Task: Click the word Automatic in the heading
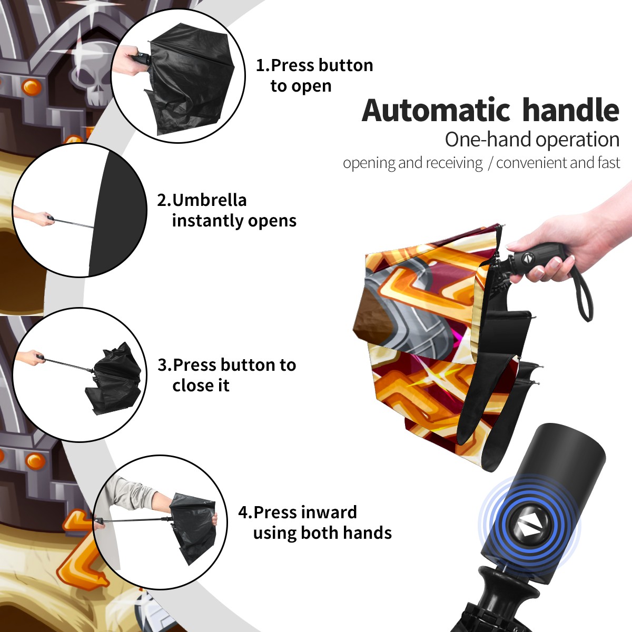[x=436, y=111]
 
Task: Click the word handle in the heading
[x=571, y=110]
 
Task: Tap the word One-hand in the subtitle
[x=489, y=140]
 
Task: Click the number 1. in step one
[x=262, y=65]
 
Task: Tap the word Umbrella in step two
[x=209, y=200]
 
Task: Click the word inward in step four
[x=327, y=512]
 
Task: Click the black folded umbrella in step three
[x=113, y=378]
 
